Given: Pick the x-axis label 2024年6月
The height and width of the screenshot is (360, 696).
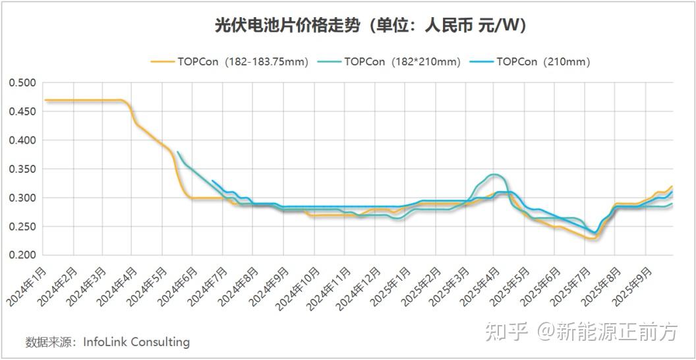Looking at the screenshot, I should pos(179,285).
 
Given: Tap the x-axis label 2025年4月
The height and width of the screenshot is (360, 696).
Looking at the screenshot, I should pos(478,285).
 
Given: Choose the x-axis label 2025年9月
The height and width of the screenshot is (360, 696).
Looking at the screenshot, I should pos(631,285).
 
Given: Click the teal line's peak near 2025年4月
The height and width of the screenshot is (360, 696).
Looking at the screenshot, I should pos(493,175).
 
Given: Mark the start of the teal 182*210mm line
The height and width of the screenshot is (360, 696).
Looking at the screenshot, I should pos(178,152).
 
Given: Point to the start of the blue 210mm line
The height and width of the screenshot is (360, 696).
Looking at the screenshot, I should pos(212,181).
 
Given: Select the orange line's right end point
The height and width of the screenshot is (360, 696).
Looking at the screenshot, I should pos(672,187).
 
